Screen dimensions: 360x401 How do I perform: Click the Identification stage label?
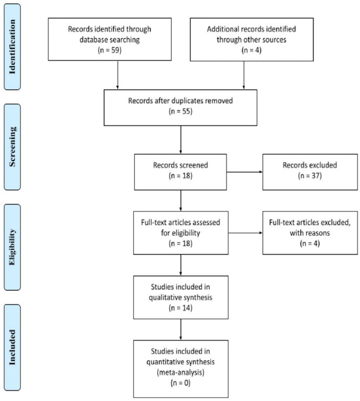point(12,47)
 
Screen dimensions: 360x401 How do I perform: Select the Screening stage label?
point(12,147)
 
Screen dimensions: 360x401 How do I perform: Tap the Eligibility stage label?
point(12,247)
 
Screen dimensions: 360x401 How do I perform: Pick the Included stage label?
point(12,347)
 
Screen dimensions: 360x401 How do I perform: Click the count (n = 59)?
point(109,50)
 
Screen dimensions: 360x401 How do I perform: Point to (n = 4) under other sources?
point(252,50)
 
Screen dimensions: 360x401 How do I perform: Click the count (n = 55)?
point(180,111)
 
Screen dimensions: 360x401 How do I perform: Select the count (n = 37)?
point(310,175)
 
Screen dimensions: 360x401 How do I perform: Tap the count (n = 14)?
point(180,308)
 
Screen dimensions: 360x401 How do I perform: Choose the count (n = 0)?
point(180,383)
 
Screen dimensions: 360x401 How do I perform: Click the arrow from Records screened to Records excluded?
point(245,172)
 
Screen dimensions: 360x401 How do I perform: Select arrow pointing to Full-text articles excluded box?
point(245,233)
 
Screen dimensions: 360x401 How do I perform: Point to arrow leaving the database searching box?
point(117,75)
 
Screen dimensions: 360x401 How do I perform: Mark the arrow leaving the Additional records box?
point(244,75)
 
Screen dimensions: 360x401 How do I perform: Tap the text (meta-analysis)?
point(180,373)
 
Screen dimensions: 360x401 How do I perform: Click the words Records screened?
point(180,165)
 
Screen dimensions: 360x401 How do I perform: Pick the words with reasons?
point(310,233)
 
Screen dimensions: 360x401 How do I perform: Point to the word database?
point(94,40)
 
